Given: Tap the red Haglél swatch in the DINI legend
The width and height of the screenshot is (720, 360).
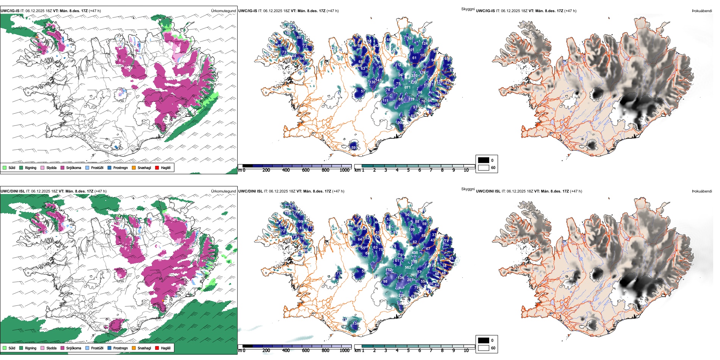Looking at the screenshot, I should tap(157, 348).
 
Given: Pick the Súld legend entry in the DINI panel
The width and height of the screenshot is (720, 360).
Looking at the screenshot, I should tap(9, 348).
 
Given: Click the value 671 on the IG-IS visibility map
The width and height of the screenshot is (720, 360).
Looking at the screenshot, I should tap(407, 88).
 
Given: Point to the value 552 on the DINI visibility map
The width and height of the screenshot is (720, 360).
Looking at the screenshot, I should tap(408, 268).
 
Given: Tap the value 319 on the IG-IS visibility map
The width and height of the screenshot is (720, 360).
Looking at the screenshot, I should tap(411, 99).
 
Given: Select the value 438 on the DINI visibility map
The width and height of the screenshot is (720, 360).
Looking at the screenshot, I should tap(415, 253).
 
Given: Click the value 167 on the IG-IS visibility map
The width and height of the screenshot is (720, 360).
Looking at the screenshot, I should tap(410, 38).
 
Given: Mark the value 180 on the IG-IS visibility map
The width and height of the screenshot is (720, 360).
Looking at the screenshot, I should tap(288, 33).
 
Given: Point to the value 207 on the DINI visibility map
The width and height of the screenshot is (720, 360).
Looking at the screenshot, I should tap(410, 280).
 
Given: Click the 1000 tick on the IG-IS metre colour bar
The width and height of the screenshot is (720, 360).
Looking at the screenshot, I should tap(344, 170).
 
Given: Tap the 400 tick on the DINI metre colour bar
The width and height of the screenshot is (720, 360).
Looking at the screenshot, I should tap(286, 351).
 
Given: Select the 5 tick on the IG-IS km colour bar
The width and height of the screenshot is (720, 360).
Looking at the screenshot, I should tap(408, 170).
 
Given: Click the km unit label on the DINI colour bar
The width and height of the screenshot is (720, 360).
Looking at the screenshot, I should tap(357, 351).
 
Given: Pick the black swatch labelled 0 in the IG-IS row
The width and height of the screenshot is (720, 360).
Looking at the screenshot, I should tap(484, 160).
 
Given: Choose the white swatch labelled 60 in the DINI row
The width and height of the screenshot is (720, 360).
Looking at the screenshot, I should tap(484, 348).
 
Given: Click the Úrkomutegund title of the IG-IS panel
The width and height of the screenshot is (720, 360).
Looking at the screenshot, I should tap(223, 11).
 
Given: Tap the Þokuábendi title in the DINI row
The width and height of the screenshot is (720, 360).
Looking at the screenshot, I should tap(702, 191).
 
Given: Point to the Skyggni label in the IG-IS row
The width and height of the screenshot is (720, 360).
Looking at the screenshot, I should tap(468, 9).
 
